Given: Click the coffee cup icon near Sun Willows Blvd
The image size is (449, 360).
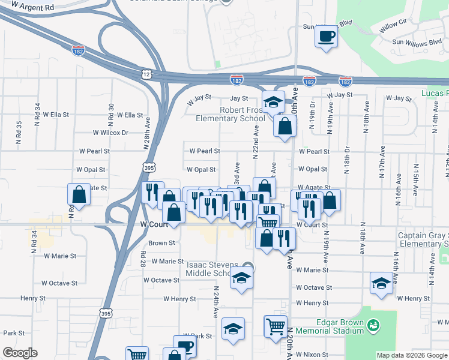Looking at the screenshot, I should pos(326,36).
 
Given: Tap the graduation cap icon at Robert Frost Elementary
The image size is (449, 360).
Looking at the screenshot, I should pos(273,102).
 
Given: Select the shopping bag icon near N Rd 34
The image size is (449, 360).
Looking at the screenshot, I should pos(79,194).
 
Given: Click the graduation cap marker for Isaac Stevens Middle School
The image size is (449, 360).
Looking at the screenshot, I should pos(241,278).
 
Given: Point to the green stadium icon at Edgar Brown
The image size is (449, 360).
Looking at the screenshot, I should pos(373,325).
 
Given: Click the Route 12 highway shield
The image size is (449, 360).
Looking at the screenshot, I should pos(147,73).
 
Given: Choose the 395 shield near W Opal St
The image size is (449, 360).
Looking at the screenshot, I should pos(149,168).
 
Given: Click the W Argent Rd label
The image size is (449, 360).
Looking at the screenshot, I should pos(32,7).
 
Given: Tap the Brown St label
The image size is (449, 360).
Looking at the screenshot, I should pos(161,244).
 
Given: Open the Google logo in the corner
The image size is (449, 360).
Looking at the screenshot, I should pos(20,352).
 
